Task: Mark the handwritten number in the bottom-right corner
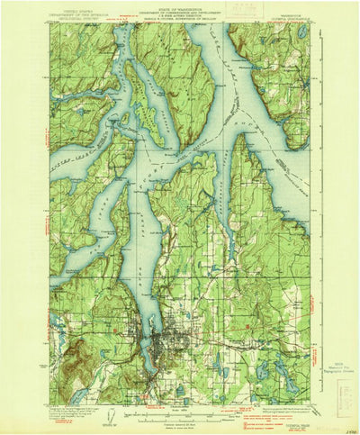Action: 349,429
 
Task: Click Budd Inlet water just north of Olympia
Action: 161,306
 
